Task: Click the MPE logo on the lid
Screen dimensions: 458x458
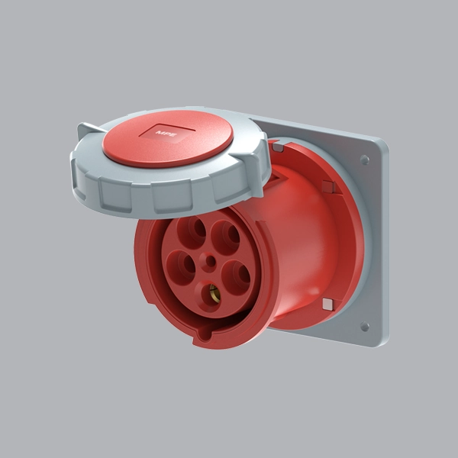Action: tap(166, 134)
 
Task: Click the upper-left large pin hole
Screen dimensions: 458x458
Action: tap(195, 227)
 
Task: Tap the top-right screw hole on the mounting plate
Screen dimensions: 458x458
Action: tap(364, 160)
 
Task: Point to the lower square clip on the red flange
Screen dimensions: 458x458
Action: tap(327, 304)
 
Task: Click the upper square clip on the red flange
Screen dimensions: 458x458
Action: tap(327, 186)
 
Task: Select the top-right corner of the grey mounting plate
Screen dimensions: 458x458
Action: tap(380, 142)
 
